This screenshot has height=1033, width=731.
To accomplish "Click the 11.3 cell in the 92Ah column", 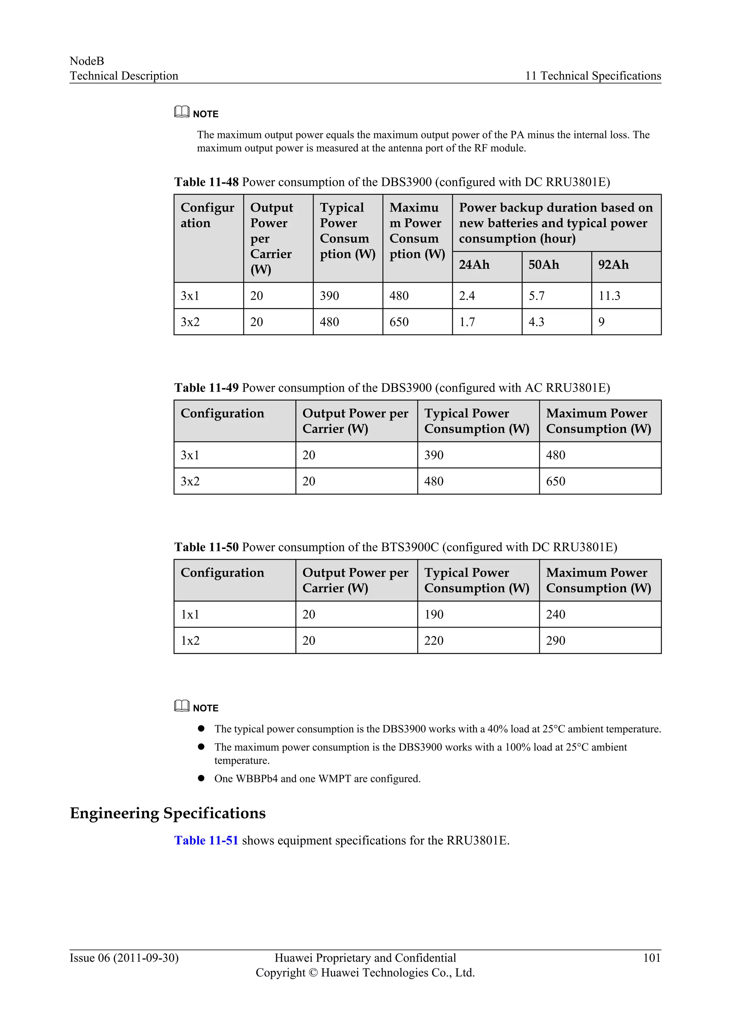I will (609, 296).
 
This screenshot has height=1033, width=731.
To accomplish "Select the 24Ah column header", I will (474, 265).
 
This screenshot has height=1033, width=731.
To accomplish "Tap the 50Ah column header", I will (544, 265).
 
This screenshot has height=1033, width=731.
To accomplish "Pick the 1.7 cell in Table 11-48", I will (467, 322).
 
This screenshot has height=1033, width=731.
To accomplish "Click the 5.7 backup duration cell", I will (536, 296).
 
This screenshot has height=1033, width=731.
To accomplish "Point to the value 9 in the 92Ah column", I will (601, 322).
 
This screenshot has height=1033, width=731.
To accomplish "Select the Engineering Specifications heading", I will (167, 813).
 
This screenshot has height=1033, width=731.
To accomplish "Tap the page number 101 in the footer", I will (651, 958).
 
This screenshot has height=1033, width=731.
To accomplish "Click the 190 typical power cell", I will (434, 614).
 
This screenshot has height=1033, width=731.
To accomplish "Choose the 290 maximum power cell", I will (555, 640).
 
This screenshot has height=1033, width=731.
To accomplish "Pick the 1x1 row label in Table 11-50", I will (190, 614).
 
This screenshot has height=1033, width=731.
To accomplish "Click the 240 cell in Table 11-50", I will (555, 614).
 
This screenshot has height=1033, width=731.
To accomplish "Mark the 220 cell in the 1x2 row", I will (434, 640).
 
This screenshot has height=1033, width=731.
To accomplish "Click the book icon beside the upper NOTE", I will (182, 112).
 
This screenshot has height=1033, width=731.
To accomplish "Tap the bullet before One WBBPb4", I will (201, 778).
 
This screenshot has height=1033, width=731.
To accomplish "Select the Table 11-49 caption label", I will (206, 387).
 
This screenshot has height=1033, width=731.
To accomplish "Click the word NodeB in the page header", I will (87, 61).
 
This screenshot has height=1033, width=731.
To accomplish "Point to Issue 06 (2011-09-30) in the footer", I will (124, 958).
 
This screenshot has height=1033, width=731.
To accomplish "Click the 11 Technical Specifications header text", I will (593, 76).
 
